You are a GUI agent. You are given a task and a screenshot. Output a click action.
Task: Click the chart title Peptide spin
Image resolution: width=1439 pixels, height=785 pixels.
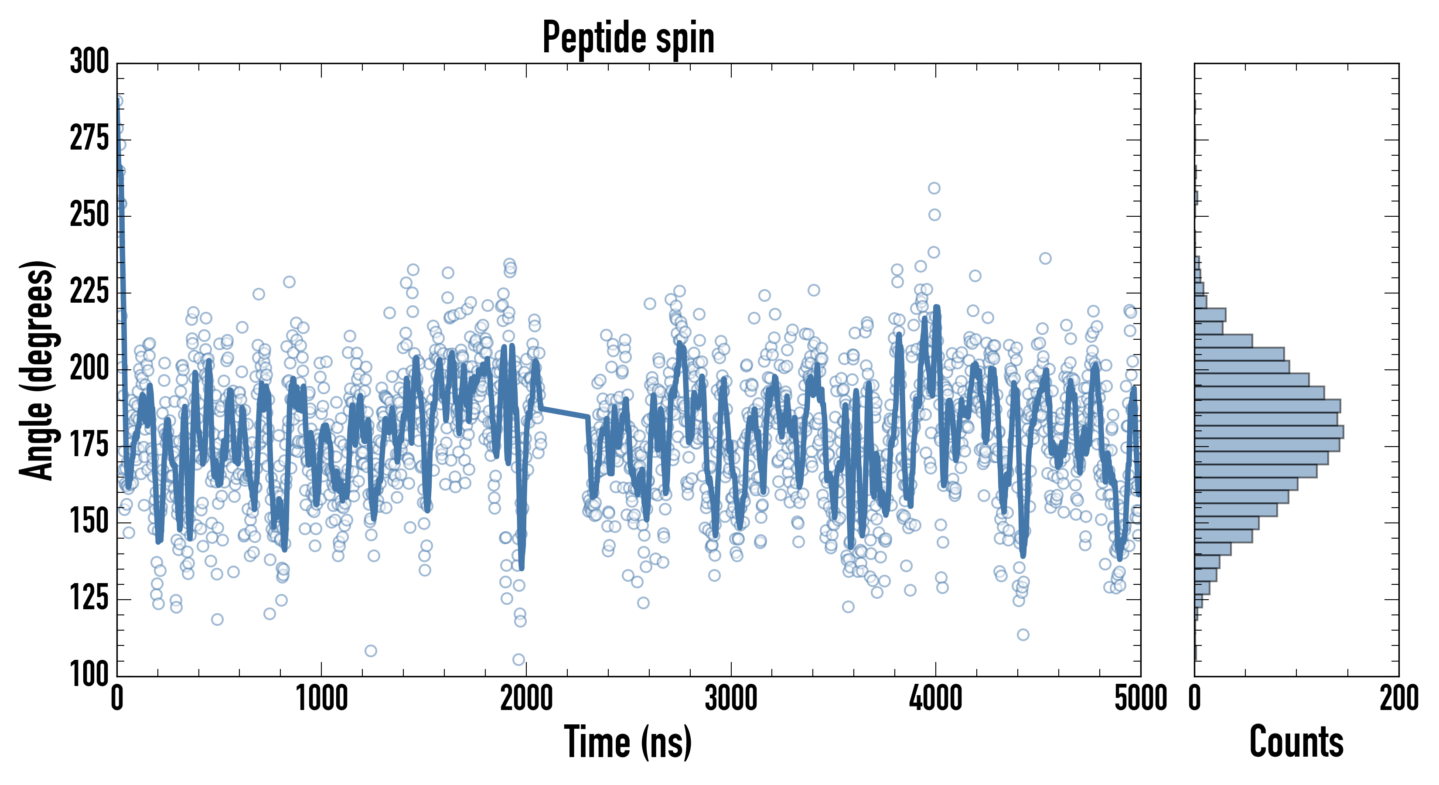click(628, 38)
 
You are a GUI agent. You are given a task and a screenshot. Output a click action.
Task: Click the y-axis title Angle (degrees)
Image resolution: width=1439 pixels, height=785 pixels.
click(37, 370)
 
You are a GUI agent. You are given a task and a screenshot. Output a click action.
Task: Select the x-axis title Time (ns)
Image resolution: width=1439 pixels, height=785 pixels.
click(628, 742)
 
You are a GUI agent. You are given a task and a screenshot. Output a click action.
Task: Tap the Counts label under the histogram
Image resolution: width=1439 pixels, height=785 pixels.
click(1296, 742)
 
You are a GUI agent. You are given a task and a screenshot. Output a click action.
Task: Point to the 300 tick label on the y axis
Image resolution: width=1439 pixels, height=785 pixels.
click(89, 62)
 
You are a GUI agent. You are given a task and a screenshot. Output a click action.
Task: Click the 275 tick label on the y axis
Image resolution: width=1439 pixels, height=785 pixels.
click(89, 139)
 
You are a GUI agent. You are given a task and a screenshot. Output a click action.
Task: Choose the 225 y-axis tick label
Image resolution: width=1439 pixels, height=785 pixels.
click(89, 292)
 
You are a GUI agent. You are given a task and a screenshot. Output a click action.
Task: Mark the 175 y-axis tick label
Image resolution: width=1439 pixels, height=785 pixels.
click(89, 445)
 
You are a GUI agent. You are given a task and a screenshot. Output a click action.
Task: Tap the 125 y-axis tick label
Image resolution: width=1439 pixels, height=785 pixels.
click(89, 598)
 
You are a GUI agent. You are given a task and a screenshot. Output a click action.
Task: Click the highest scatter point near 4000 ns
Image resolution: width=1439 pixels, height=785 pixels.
click(934, 188)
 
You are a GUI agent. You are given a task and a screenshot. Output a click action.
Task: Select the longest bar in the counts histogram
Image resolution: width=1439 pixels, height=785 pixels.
click(1268, 432)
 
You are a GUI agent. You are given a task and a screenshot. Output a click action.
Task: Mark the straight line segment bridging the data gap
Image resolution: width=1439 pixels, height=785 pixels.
click(564, 413)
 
